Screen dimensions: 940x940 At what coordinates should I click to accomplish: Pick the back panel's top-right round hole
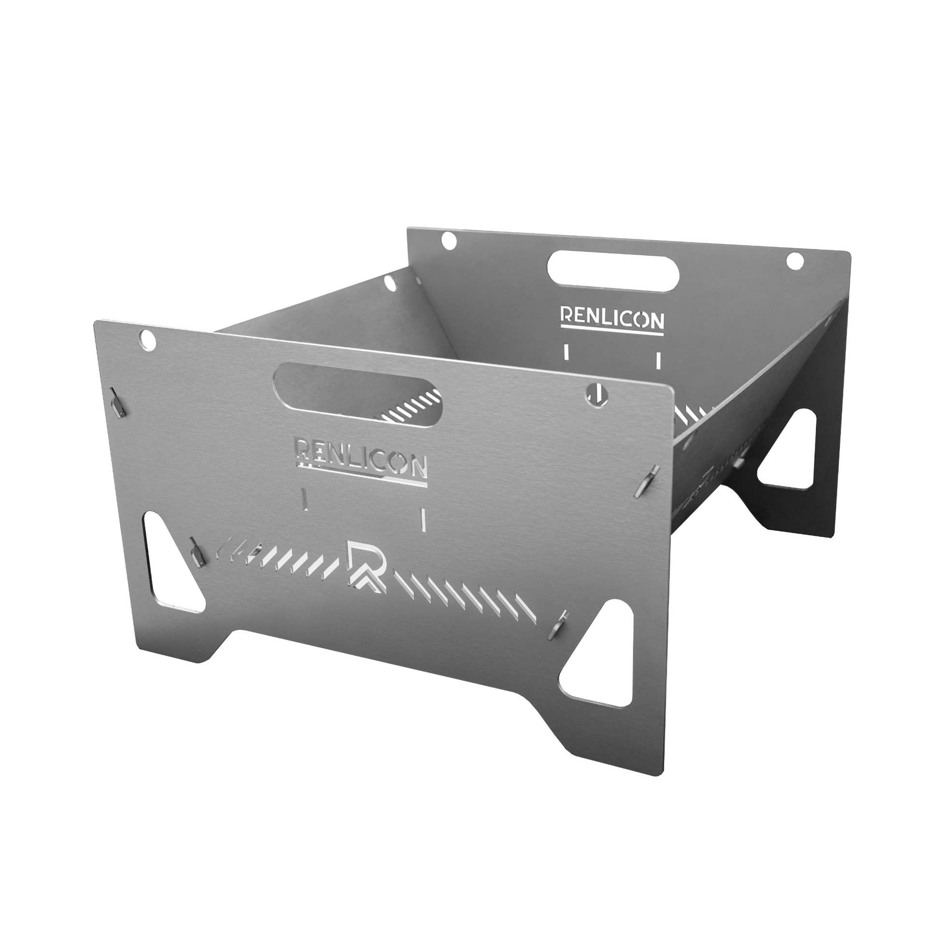(795, 261)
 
